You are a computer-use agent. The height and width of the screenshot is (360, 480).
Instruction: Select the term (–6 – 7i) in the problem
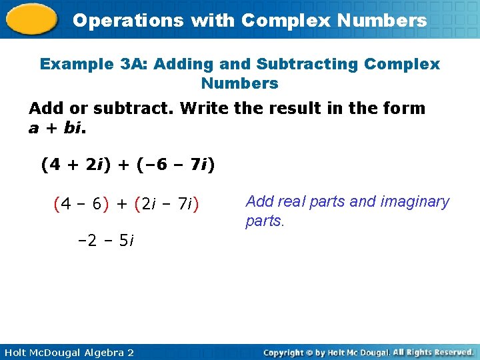pyautogui.click(x=175, y=164)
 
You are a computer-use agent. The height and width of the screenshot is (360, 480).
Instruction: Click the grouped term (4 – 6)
pyautogui.click(x=78, y=204)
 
